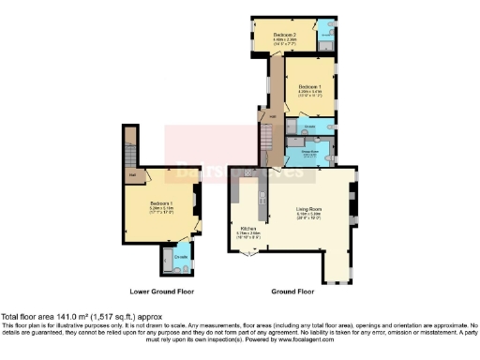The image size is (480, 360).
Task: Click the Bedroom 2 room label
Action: coord(285,35)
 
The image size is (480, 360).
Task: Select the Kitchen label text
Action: coord(248,228)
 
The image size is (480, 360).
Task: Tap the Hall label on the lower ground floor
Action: coord(133,174)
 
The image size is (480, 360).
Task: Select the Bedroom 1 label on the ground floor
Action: coord(308,85)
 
